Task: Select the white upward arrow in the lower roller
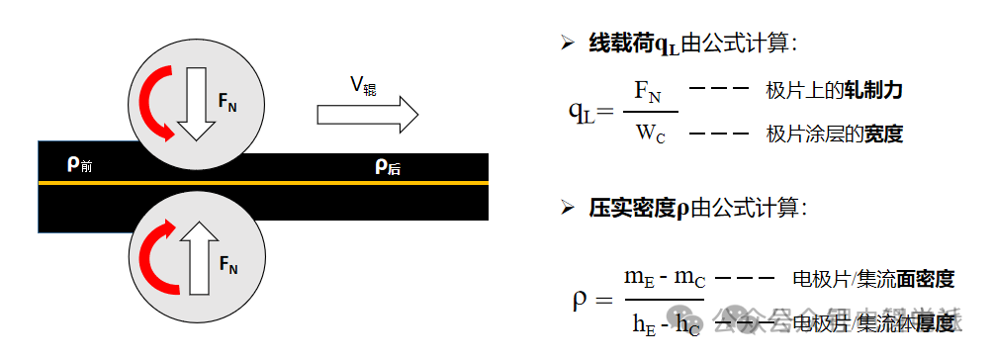[x=196, y=255]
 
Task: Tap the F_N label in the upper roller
[x=226, y=101]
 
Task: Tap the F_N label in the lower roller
[x=227, y=265]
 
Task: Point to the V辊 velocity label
[x=362, y=85]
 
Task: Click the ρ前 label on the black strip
[x=79, y=164]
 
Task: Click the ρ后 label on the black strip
[x=387, y=166]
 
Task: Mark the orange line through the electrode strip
[x=297, y=183]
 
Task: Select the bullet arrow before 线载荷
[x=567, y=42]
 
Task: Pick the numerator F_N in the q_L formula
[x=648, y=93]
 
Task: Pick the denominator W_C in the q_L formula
[x=649, y=133]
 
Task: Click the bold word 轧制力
[x=872, y=91]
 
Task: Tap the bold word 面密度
[x=925, y=279]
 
